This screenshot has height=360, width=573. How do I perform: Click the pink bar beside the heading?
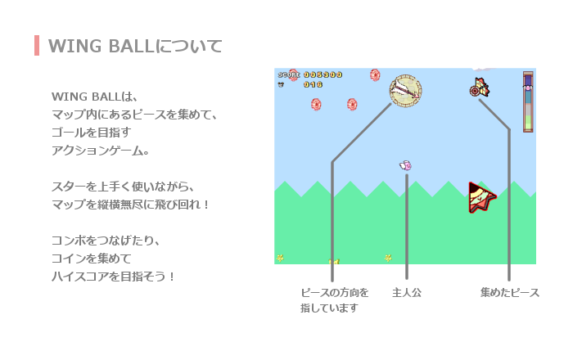[x=37, y=46]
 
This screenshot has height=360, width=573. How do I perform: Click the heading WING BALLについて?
[x=135, y=47]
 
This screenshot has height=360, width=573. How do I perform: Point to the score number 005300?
[x=323, y=74]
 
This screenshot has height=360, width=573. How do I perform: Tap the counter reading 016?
[x=314, y=85]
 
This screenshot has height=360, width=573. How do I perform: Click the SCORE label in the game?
[x=289, y=74]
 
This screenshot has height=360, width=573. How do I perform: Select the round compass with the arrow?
[x=405, y=91]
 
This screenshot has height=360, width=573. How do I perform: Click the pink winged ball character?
[x=406, y=166]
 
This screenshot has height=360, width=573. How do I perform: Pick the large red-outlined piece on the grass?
[x=481, y=197]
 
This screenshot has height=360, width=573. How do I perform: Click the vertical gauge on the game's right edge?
[x=528, y=101]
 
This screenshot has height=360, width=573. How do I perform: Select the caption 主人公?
[x=407, y=292]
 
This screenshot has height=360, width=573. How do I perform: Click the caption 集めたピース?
[x=510, y=292]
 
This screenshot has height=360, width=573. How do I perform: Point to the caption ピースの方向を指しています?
[x=334, y=300]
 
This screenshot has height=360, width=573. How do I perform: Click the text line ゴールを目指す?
[x=92, y=133]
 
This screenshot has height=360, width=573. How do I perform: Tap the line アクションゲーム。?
[x=101, y=151]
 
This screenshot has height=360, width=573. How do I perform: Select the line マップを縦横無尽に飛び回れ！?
[x=130, y=204]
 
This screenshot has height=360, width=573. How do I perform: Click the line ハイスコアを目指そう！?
[x=113, y=277]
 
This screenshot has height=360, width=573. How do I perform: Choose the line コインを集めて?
[x=92, y=259]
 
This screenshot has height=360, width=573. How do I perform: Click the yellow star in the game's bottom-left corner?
[x=280, y=258]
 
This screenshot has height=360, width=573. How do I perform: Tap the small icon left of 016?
[x=281, y=85]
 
